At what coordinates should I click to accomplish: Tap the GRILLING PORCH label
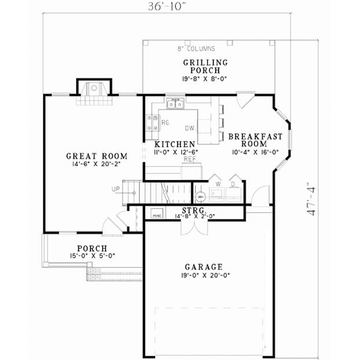(x=205, y=67)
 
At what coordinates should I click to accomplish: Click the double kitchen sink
(x=175, y=105)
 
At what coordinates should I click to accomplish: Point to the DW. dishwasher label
(x=190, y=128)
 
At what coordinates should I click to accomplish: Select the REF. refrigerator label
(x=190, y=159)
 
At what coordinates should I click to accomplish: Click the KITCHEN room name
(x=175, y=145)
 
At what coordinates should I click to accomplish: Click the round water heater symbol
(x=200, y=196)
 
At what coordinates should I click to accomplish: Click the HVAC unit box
(x=157, y=214)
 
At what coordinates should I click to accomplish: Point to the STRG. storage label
(x=194, y=210)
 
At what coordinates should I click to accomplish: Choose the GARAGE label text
(x=204, y=267)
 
